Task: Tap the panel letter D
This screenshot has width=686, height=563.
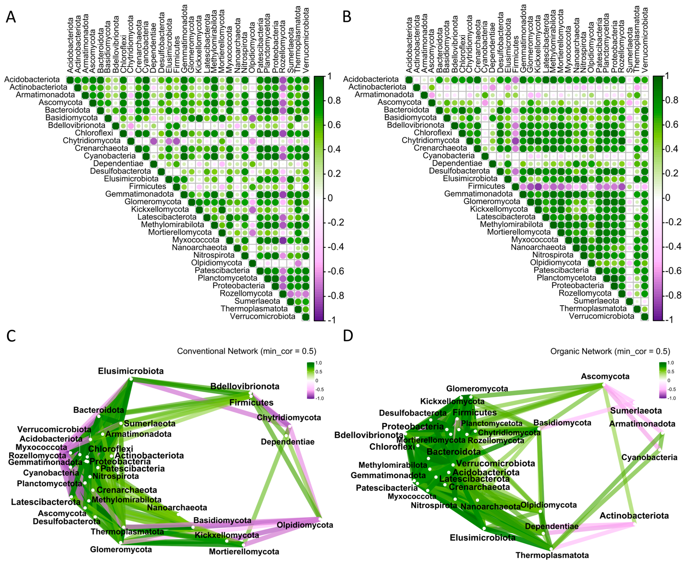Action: tap(348, 336)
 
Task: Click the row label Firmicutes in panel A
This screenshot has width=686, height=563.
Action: tap(147, 186)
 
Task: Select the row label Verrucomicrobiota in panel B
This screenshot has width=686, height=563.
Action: tap(601, 316)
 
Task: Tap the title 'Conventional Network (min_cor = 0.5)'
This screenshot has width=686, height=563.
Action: tap(246, 351)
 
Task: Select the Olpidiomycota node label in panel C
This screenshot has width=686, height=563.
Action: tap(305, 525)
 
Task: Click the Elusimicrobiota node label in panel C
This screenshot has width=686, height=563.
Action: tap(131, 371)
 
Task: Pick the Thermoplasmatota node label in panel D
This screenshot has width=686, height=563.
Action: tap(552, 555)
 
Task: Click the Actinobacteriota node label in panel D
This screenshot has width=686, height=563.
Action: tap(634, 516)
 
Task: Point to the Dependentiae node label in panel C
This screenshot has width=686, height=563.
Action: tap(287, 442)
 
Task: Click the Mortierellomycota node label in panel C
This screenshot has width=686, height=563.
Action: tap(244, 552)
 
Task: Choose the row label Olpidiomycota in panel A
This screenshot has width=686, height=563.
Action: tap(216, 263)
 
